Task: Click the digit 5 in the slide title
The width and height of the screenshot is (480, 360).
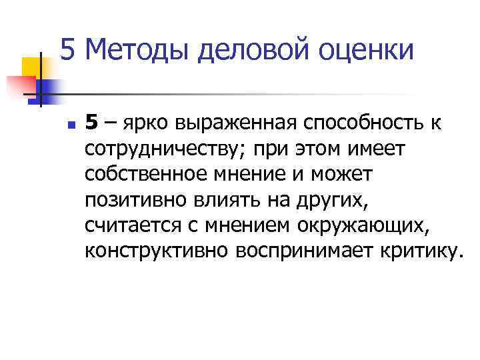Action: coord(69,50)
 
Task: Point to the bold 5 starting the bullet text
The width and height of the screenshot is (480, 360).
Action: coord(92,123)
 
